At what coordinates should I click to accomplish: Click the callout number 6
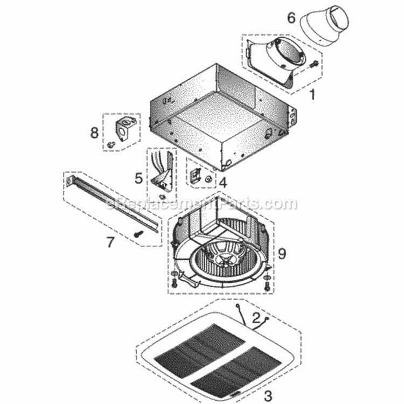(x=291, y=18)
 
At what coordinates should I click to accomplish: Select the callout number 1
(x=312, y=94)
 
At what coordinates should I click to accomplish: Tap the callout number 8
(x=94, y=133)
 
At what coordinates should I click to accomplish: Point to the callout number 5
(x=138, y=178)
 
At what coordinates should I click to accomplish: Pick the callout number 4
(x=223, y=183)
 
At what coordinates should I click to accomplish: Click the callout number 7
(x=110, y=242)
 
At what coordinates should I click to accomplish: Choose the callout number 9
(x=282, y=253)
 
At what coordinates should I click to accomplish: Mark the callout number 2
(x=256, y=318)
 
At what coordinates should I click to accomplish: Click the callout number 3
(x=268, y=395)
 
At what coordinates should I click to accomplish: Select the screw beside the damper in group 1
(x=314, y=64)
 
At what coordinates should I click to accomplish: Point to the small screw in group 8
(x=112, y=144)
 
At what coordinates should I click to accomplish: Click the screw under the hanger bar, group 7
(x=138, y=234)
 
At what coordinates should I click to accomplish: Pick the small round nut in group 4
(x=208, y=178)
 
